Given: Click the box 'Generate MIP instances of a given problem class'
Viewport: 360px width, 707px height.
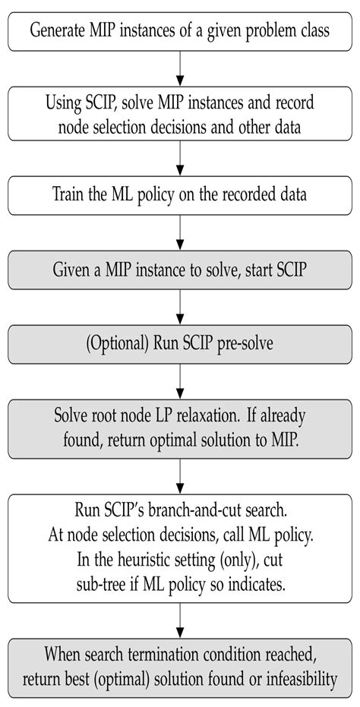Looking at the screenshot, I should point(180,32).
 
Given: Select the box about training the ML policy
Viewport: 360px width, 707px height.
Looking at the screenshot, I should point(180,194).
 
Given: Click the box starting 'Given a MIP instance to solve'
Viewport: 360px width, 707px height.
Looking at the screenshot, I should point(180,270).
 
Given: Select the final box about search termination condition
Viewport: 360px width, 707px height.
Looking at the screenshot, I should point(180,667).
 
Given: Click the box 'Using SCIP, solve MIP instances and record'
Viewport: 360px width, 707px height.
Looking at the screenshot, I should point(180,114).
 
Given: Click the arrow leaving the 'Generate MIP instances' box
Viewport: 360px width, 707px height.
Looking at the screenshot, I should point(180,70).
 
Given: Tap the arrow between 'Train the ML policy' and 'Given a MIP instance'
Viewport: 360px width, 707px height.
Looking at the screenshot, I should point(180,232).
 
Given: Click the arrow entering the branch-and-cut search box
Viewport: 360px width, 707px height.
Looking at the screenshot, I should point(180,477).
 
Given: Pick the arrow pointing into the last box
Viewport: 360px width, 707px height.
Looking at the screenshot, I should point(180,622).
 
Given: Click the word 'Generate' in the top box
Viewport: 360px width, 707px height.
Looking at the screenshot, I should point(57,32).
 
